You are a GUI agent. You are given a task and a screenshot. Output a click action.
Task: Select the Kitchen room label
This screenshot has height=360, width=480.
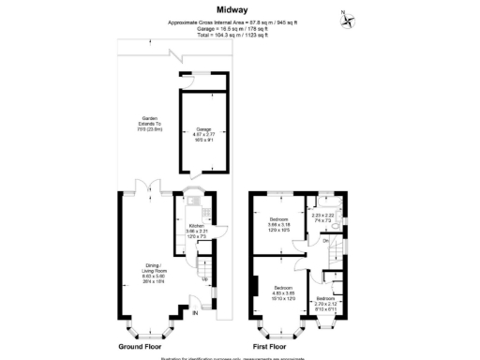[197, 228]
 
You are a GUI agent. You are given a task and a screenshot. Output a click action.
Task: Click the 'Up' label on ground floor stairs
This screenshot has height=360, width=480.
[203, 278]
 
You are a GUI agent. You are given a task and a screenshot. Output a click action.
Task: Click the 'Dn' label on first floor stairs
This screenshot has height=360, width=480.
[324, 242]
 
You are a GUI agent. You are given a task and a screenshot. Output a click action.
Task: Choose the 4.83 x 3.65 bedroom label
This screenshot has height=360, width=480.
[285, 292]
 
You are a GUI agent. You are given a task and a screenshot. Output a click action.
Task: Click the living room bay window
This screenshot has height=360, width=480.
[148, 330]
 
